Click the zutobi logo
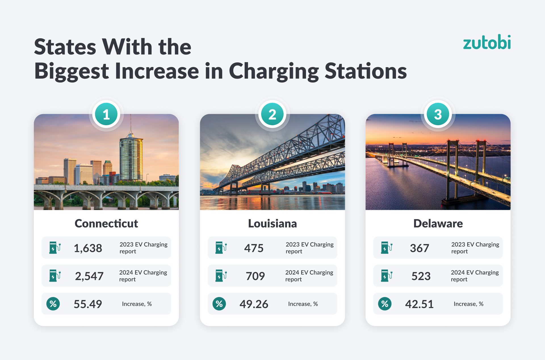(487, 42)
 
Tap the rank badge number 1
(106, 114)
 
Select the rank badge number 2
(272, 114)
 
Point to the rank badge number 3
(438, 114)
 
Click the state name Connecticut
(106, 223)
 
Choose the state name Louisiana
(272, 223)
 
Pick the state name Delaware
(438, 223)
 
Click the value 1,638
(88, 248)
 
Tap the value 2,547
(89, 276)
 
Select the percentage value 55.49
(88, 304)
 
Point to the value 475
(254, 248)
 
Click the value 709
(255, 276)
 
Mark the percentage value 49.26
(254, 304)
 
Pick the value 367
(419, 248)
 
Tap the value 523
(421, 276)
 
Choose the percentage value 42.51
(419, 304)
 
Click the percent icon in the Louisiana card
(219, 304)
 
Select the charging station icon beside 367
(386, 248)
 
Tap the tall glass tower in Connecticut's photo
(131, 158)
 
